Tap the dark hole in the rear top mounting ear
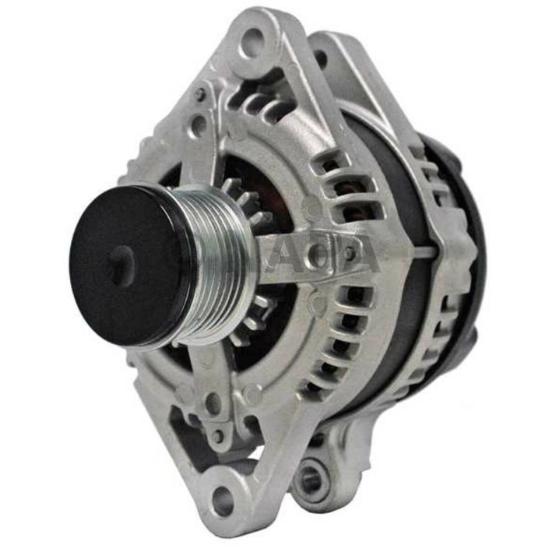coord(320,57)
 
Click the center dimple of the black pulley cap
coord(118,265)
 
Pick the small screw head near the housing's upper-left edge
coord(200,94)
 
